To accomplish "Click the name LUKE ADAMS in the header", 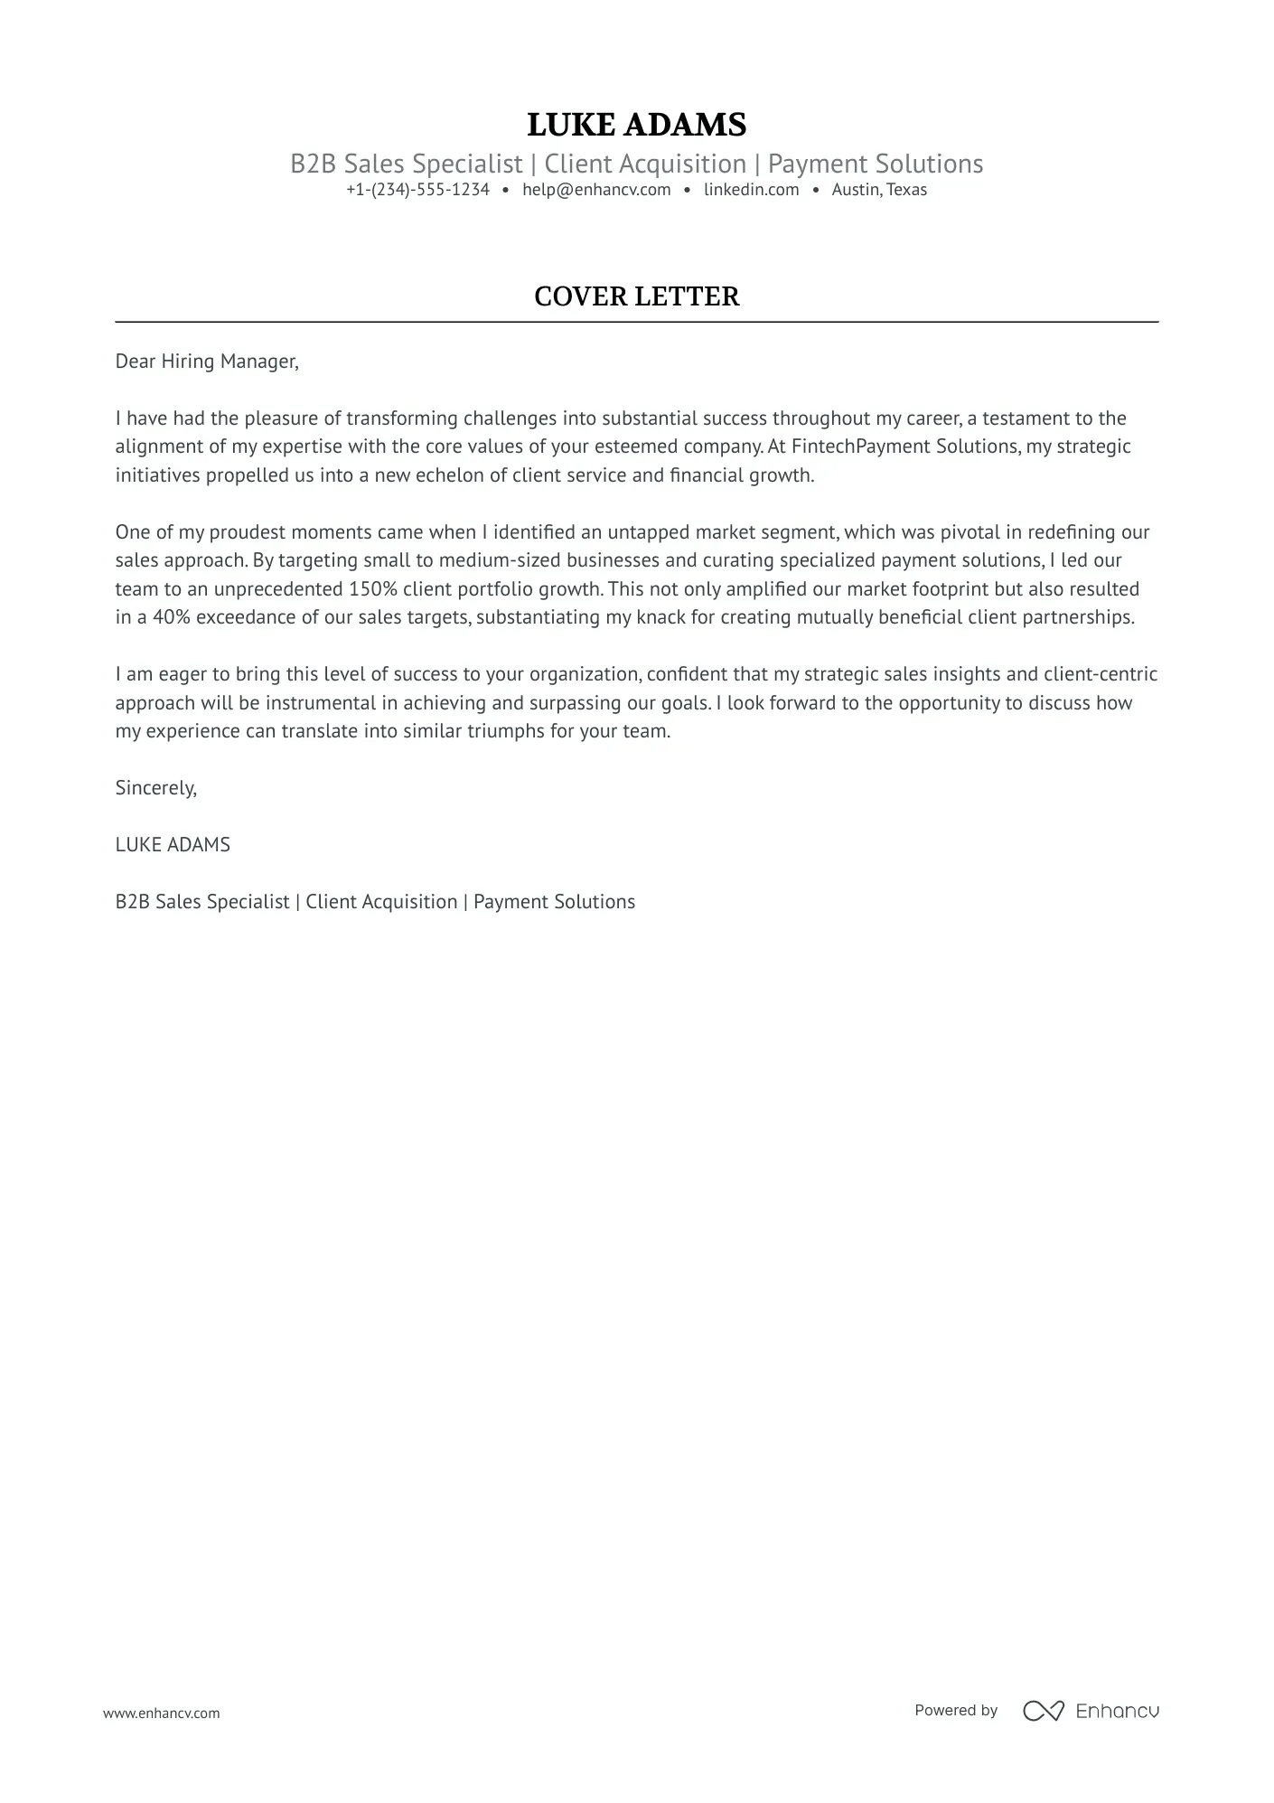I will coord(636,125).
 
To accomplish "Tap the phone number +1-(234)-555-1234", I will coord(417,190).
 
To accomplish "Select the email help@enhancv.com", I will coord(596,190).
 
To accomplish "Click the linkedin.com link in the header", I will coord(751,190).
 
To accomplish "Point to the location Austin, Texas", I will coord(879,190).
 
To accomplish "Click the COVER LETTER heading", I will coord(636,296).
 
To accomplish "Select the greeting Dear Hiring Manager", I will coord(206,362).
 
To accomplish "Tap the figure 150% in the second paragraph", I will coord(372,589).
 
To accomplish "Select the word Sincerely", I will coord(155,788).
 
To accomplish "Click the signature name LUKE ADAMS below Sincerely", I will coord(173,845).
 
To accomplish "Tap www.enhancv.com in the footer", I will coord(161,1713).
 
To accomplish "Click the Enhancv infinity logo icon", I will coord(1043,1710).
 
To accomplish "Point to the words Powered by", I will coord(955,1710).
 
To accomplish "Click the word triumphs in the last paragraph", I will coord(505,731).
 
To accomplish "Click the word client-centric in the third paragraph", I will coord(1100,674).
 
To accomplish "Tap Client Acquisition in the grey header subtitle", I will coord(645,164).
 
